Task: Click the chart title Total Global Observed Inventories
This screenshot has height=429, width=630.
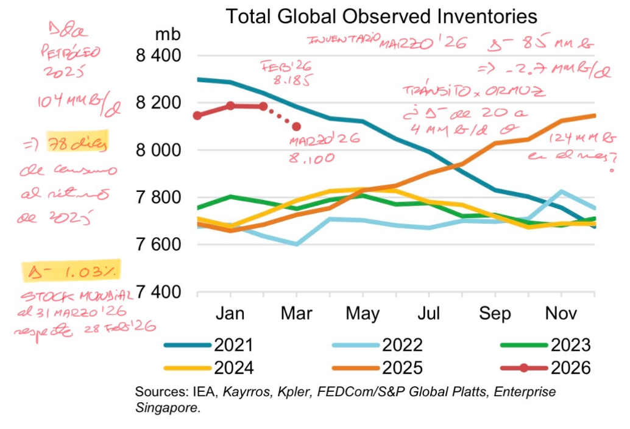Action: click(x=381, y=16)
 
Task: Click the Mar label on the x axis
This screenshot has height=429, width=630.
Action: click(x=296, y=313)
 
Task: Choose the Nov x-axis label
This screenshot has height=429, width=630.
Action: click(x=560, y=313)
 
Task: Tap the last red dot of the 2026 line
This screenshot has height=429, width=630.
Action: click(x=297, y=127)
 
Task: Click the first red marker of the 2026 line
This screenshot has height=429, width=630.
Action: click(x=197, y=116)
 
